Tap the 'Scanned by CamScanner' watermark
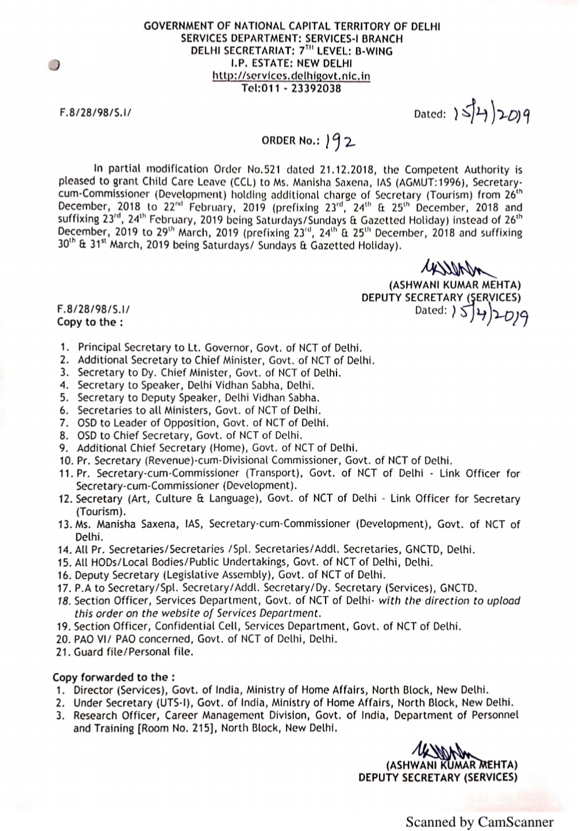click(480, 822)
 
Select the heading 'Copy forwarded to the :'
click(114, 677)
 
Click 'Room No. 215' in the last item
click(170, 728)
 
